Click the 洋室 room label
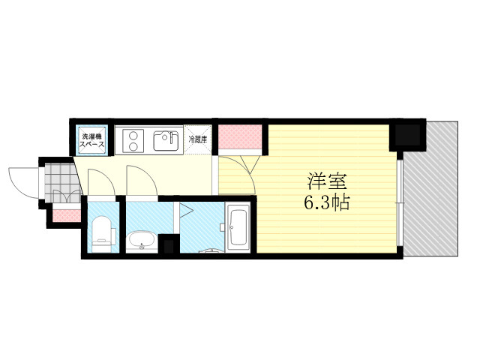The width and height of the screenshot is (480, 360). click(x=327, y=181)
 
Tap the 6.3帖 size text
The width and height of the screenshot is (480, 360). click(x=327, y=202)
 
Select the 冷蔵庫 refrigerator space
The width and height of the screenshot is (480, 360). click(x=198, y=140)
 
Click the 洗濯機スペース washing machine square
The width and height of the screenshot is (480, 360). click(x=91, y=140)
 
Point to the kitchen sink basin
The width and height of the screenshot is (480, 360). click(x=166, y=141)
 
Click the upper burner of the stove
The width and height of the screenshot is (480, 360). click(x=133, y=135)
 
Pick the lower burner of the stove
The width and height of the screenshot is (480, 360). click(x=133, y=147)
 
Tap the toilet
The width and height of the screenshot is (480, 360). click(x=102, y=234)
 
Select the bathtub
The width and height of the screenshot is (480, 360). click(x=238, y=227)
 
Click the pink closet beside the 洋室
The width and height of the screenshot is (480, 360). click(x=240, y=136)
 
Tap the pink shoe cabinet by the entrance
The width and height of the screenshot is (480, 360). click(x=67, y=215)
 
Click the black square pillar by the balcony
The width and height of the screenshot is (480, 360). click(x=407, y=135)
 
